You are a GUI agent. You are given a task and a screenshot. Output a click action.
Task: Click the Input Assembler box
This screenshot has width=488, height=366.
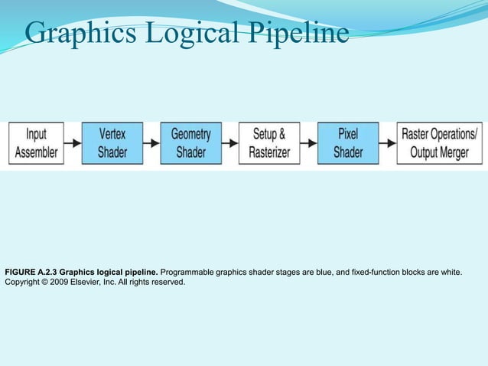point(36,143)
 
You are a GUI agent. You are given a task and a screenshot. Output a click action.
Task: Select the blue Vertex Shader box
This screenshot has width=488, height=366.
point(112,143)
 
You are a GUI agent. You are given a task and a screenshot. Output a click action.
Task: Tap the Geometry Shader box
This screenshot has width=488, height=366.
point(190,143)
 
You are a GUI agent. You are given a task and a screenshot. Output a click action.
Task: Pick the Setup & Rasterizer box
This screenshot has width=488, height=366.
point(268,143)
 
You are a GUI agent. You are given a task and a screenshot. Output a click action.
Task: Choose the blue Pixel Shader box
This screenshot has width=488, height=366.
point(347,143)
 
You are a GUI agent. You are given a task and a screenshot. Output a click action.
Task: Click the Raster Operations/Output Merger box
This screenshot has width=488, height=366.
point(439,143)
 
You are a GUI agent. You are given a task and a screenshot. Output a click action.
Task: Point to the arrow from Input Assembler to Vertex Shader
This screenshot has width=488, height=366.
point(73,143)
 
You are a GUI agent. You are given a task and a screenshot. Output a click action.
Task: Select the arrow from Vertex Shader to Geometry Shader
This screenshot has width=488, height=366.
point(151,143)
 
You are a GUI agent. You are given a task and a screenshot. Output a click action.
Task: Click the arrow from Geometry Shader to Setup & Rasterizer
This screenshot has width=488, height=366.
point(229,143)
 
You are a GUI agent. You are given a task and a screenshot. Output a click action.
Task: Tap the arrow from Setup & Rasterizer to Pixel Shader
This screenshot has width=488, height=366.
point(307,143)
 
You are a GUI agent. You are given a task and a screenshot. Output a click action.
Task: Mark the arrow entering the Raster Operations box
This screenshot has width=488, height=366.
point(387,143)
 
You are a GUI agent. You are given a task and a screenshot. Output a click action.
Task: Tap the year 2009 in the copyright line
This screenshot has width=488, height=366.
point(66,282)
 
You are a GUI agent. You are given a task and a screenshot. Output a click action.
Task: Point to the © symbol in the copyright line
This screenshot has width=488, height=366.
point(48,282)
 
